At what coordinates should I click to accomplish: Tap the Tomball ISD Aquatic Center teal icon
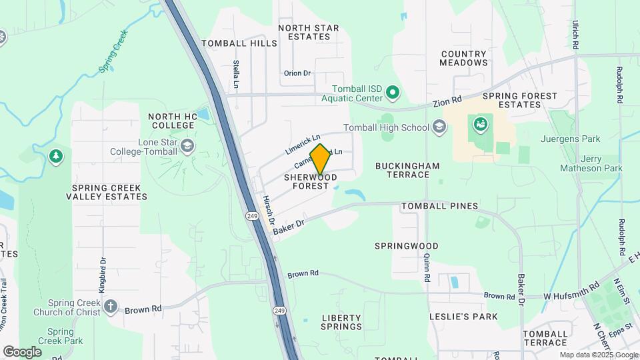point(393,93)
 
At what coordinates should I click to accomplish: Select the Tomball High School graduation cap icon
point(439,126)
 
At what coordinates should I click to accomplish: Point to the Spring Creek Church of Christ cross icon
point(110,307)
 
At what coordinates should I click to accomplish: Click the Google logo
point(22,351)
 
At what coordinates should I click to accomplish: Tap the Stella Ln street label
point(236,75)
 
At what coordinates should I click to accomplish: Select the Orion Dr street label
point(297,73)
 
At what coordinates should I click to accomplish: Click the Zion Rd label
point(447,101)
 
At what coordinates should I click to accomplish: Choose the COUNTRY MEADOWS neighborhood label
point(464,58)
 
